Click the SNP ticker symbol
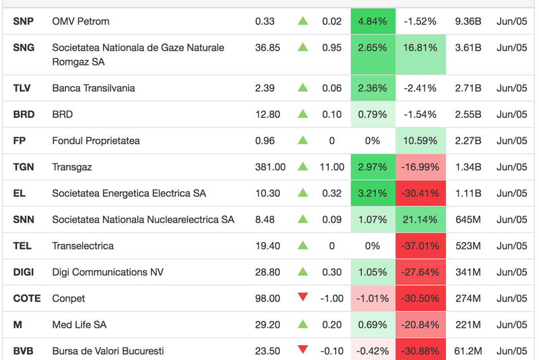coord(24,22)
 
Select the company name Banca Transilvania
coord(93,88)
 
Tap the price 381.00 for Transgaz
coord(270,167)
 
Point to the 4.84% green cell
coord(373,22)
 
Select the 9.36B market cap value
coord(468,22)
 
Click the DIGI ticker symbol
coord(25,272)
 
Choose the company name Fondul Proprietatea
coord(96,141)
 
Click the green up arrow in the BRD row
coord(303,114)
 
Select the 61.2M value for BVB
coord(468,351)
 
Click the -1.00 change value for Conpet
coord(331,299)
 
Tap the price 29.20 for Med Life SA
coord(267,325)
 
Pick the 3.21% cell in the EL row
coord(373,193)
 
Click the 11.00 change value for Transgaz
coord(331,167)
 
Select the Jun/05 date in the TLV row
coord(511,88)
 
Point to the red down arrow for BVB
coord(303,350)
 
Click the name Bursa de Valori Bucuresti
coord(108,351)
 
